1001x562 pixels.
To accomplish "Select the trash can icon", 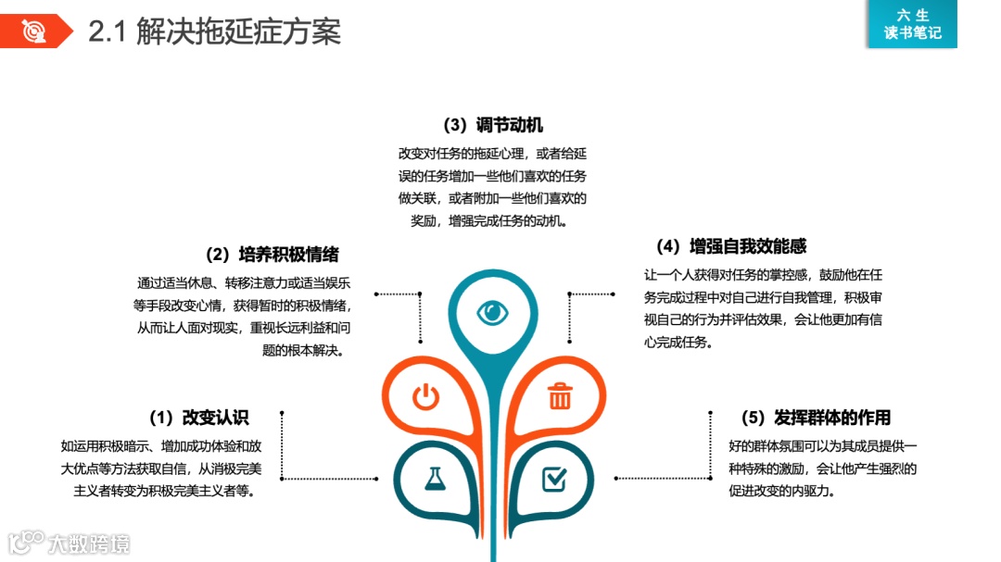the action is click(x=560, y=396).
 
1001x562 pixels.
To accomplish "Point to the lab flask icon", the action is click(x=434, y=478).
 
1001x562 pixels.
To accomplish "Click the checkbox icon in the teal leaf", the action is click(x=553, y=478).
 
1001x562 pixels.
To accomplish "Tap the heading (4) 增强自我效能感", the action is click(x=730, y=246).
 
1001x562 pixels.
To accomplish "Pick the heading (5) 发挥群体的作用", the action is click(x=816, y=418).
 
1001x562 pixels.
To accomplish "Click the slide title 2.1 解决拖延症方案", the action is click(x=214, y=32).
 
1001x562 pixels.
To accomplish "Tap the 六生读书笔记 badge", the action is click(x=912, y=24).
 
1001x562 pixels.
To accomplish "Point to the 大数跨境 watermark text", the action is click(x=90, y=543).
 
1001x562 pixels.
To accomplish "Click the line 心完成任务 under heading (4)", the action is click(x=678, y=343).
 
